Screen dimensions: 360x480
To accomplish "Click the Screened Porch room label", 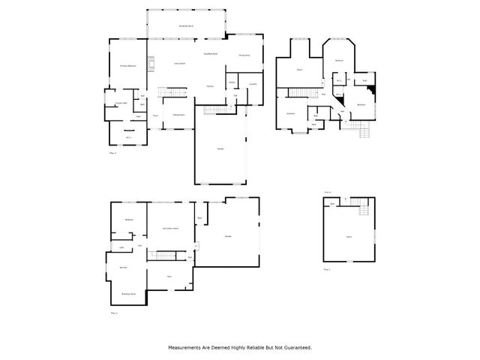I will [x=187, y=26].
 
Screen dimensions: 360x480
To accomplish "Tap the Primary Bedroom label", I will [x=128, y=67].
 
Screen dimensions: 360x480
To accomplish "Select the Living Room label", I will [x=180, y=64].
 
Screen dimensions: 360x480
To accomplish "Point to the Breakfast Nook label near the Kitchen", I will [x=211, y=54].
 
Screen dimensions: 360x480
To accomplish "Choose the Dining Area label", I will [x=244, y=55].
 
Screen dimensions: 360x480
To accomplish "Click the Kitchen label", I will [x=211, y=86].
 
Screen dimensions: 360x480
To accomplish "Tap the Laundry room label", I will [x=253, y=84].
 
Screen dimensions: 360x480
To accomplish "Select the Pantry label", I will [x=232, y=81].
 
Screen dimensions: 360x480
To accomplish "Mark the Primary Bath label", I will [x=120, y=103].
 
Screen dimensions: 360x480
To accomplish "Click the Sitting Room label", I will [x=179, y=115].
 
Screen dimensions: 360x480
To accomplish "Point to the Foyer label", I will [x=155, y=115].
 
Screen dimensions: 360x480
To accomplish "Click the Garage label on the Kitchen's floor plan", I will [x=220, y=150].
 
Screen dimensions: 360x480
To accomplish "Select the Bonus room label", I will [x=349, y=236].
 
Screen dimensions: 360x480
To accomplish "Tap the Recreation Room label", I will [x=170, y=229].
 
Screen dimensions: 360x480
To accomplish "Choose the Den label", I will [x=170, y=276].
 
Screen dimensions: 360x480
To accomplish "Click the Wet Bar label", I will [x=122, y=268].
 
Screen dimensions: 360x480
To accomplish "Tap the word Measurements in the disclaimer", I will [x=185, y=348].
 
